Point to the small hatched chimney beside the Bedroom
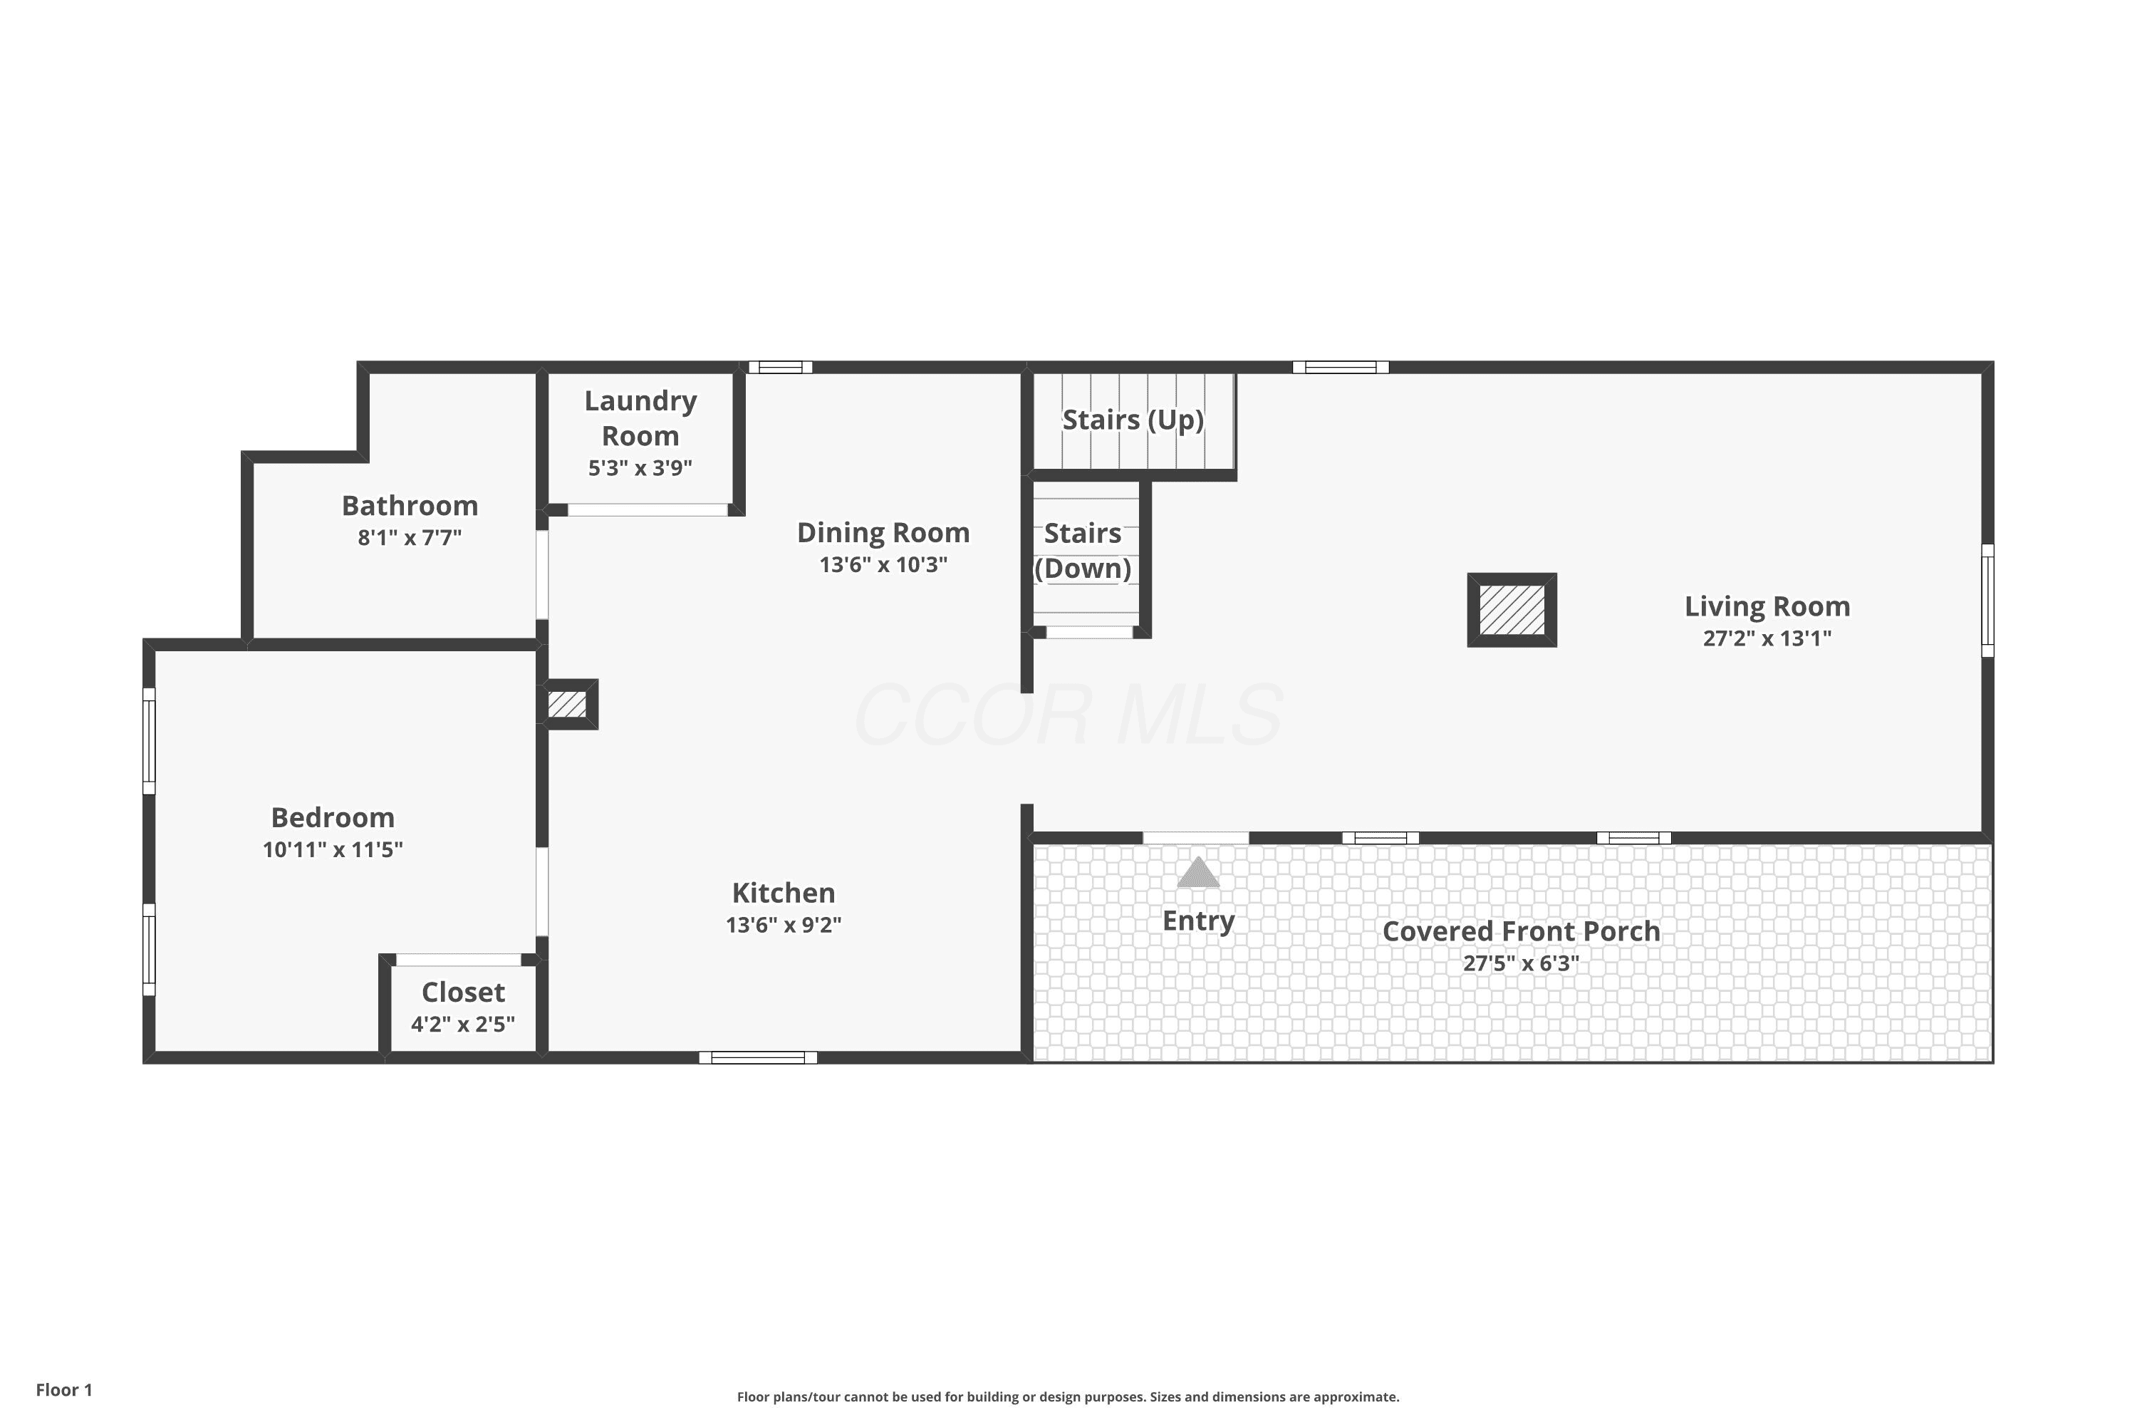point(568,705)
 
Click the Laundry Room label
point(640,418)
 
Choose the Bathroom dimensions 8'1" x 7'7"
point(410,537)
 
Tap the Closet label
point(464,992)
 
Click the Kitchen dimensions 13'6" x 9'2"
point(783,925)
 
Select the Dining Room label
point(883,532)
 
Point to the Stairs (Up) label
point(1133,420)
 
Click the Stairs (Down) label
point(1083,551)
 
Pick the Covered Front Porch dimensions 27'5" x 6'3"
point(1521,963)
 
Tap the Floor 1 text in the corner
point(65,1389)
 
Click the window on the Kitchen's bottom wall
point(758,1057)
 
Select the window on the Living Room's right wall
point(1987,600)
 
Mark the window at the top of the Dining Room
point(781,367)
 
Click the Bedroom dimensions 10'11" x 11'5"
point(333,850)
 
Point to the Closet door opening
point(459,960)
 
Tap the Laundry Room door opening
point(648,510)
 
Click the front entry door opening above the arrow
point(1196,838)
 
